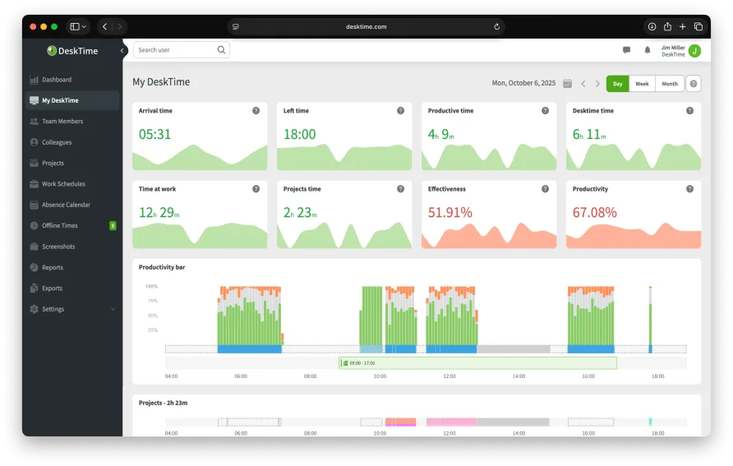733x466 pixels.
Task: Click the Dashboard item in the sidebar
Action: (x=56, y=80)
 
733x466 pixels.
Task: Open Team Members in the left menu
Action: (x=62, y=122)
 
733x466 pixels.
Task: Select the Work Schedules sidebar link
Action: (x=62, y=184)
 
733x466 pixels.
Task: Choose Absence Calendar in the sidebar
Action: (x=66, y=205)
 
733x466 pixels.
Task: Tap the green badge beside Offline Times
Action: (x=113, y=225)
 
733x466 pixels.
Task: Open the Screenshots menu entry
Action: (x=58, y=247)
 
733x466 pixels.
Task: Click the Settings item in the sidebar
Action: (x=53, y=309)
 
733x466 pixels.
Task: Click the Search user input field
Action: (x=175, y=50)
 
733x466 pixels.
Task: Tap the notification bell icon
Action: (x=648, y=50)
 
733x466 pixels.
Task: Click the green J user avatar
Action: (x=694, y=51)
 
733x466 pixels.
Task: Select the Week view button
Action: (x=642, y=84)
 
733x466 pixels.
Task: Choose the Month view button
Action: (x=670, y=84)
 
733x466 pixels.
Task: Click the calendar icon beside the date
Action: (x=567, y=84)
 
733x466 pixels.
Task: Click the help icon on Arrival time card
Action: (x=256, y=110)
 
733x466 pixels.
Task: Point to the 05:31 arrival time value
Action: (x=154, y=134)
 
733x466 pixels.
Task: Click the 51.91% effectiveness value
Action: (x=449, y=213)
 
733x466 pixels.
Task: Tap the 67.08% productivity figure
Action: (x=594, y=213)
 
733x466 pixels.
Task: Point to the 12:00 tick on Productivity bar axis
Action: (x=449, y=376)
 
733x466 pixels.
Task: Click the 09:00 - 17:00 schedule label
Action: (x=362, y=362)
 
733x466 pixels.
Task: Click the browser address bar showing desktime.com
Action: (x=366, y=26)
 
